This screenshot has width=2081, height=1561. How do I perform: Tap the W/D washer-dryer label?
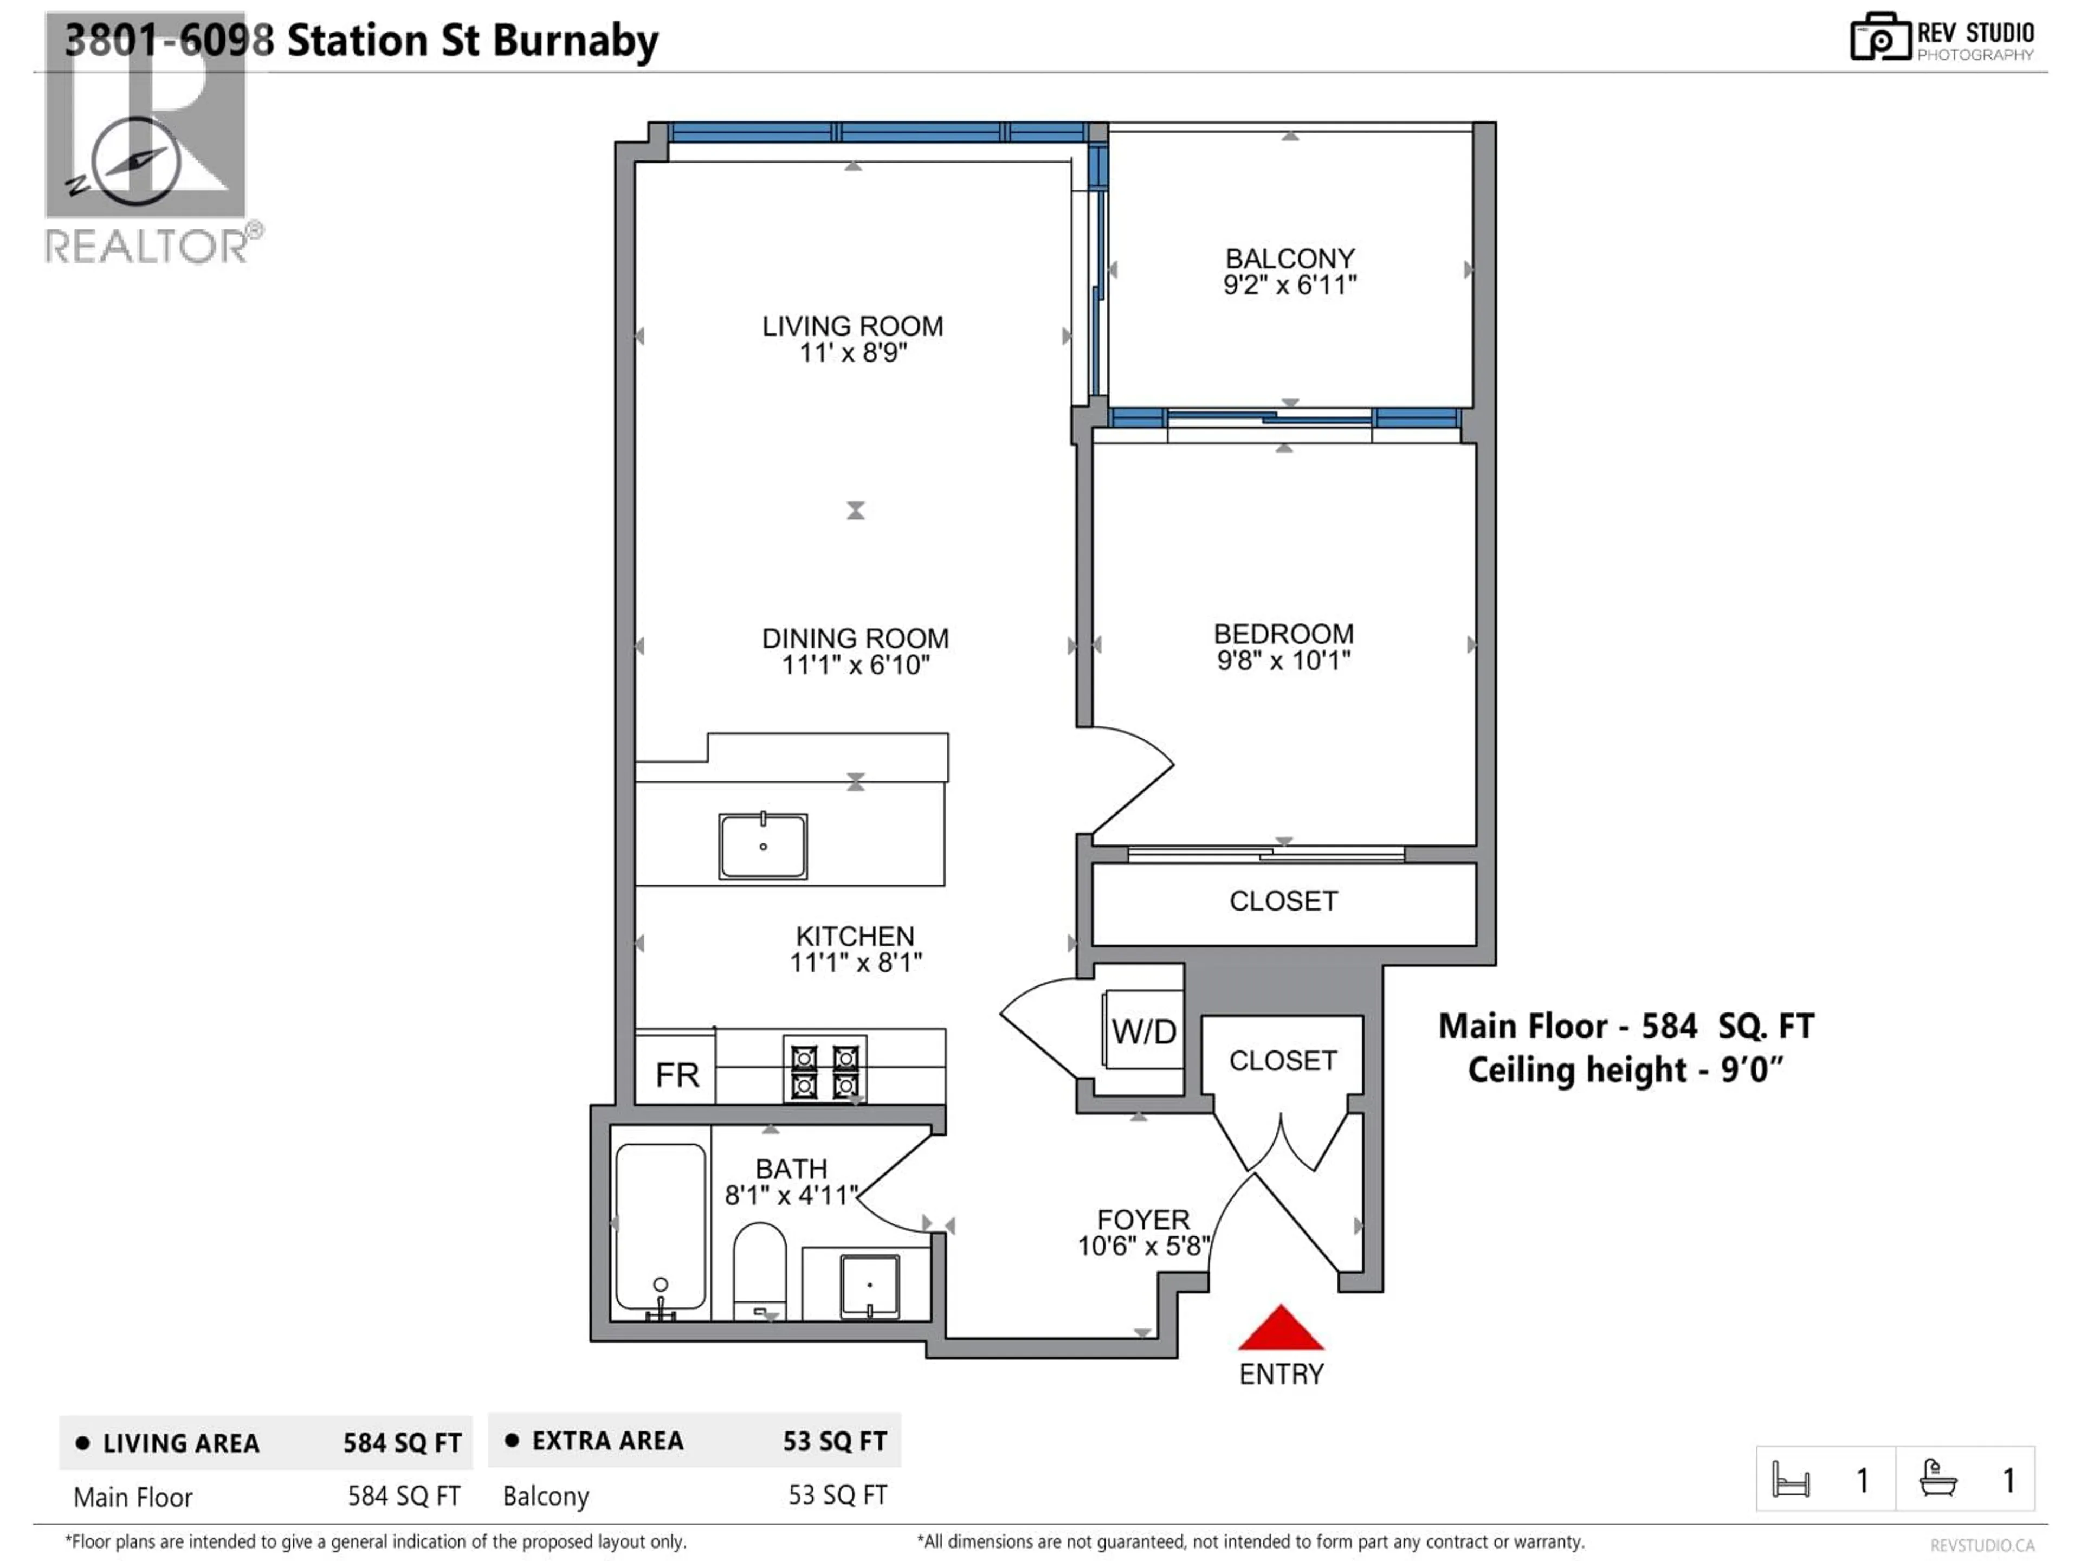point(1143,1032)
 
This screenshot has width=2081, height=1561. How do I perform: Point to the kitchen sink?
point(763,847)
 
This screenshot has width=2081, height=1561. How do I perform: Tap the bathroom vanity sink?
point(869,1285)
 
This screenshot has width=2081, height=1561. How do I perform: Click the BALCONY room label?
point(1290,259)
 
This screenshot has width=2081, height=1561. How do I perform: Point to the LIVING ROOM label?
point(852,326)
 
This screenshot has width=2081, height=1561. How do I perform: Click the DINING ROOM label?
point(855,639)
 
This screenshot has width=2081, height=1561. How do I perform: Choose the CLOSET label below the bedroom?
point(1283,901)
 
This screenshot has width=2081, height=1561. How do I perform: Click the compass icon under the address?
point(137,162)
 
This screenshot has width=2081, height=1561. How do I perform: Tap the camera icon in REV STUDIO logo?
point(1879,37)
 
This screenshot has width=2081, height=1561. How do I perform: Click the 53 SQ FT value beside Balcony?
point(837,1495)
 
